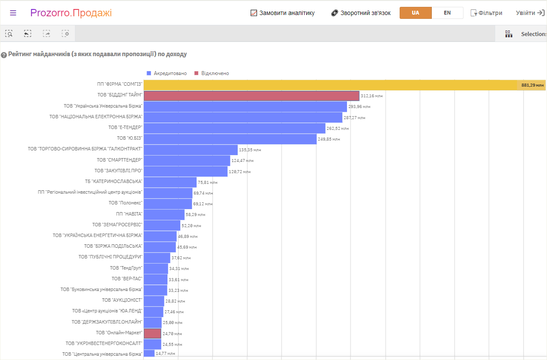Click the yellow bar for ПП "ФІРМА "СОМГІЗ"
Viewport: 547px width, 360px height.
tap(344, 85)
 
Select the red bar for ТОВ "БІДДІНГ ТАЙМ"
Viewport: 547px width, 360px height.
tap(251, 96)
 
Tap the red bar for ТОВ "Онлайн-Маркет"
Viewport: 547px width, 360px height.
tap(152, 333)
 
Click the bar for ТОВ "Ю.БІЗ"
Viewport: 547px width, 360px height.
tap(230, 139)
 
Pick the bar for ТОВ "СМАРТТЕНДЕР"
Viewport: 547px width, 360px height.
tap(187, 161)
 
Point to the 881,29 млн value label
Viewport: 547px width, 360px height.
tap(532, 85)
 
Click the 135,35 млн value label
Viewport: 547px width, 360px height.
tap(250, 150)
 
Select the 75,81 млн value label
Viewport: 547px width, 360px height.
tap(208, 182)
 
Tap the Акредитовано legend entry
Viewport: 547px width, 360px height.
tap(167, 73)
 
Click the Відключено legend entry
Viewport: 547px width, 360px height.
tap(212, 73)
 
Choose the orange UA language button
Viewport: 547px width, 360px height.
tap(415, 13)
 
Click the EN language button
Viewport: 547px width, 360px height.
tap(447, 13)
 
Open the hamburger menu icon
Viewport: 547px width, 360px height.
tap(13, 13)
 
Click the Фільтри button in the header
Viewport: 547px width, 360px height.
tap(486, 13)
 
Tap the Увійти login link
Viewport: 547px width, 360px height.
tap(530, 13)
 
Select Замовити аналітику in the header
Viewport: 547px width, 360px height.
tap(283, 13)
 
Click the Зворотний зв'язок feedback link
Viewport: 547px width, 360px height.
tap(361, 13)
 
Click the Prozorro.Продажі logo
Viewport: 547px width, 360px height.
tap(71, 13)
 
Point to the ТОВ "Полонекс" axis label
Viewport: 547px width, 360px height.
tap(125, 203)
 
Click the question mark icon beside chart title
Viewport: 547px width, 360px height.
tap(4, 55)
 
